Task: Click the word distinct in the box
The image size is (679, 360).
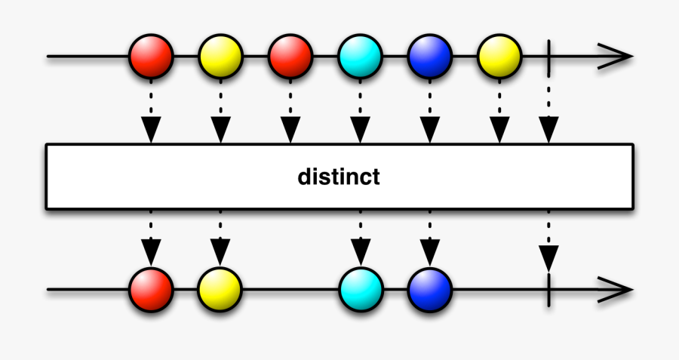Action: tap(339, 177)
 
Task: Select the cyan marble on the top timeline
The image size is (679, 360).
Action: tap(361, 56)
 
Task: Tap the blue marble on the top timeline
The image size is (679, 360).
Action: tap(430, 56)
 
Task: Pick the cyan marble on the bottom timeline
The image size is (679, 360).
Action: tap(361, 289)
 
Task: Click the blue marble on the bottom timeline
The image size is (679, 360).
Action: tap(430, 289)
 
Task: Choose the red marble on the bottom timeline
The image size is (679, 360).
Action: tap(152, 289)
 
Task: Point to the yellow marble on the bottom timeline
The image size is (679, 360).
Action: tap(220, 289)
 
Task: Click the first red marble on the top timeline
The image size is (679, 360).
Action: tap(152, 56)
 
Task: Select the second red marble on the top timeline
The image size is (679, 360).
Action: tap(290, 56)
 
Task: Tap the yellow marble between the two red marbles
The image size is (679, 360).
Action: tap(220, 56)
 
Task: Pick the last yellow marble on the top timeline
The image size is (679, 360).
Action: tap(499, 56)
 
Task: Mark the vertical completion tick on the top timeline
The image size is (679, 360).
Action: tap(549, 56)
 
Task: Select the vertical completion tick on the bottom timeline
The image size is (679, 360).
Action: tap(549, 289)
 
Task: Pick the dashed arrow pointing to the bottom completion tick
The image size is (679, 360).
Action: tap(549, 242)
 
